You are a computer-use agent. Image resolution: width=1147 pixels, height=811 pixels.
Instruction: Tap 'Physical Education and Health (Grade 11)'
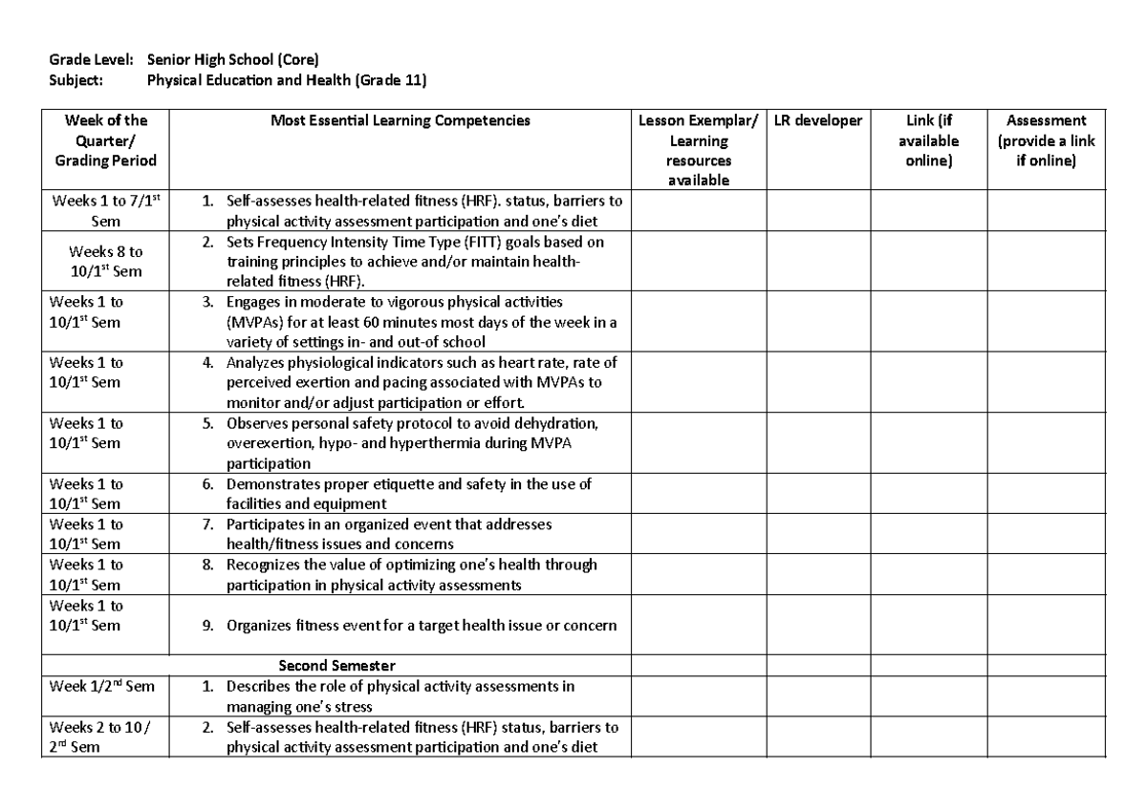287,81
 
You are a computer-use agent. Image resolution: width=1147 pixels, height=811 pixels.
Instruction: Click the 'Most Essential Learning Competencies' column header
400,120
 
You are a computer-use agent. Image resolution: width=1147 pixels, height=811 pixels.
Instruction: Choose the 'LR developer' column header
818,120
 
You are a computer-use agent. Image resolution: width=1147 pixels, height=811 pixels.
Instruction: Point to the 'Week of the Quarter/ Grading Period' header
105,140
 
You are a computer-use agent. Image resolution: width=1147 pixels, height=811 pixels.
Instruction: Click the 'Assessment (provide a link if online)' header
1046,140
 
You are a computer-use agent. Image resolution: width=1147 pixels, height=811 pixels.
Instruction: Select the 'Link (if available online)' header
928,140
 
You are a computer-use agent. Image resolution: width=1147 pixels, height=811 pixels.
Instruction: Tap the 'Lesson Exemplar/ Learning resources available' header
700,150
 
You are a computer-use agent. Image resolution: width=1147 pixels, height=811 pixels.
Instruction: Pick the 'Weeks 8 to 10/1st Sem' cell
105,262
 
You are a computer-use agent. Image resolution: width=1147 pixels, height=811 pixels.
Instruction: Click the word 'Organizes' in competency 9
255,626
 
